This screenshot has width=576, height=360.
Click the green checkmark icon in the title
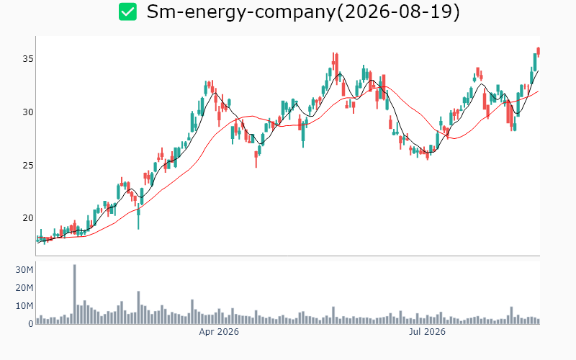coord(127,12)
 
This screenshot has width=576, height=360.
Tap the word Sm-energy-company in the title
coord(241,12)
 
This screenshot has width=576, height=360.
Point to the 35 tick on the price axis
coord(28,59)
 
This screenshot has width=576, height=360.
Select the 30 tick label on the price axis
coord(28,112)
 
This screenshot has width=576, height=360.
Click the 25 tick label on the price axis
coord(28,166)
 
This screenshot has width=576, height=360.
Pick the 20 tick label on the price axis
coord(28,218)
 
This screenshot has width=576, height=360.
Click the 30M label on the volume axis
coord(24,270)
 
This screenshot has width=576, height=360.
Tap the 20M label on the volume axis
coord(24,288)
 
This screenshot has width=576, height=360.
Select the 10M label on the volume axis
coord(24,306)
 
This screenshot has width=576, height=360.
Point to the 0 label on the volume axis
coord(31,323)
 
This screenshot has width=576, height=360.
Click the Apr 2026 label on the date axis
coord(219,332)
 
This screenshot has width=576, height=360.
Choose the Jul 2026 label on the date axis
coord(427,332)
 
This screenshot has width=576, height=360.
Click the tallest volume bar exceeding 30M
coord(75,294)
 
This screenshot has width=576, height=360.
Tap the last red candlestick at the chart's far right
coord(538,51)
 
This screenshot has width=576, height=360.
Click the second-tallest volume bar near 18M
coord(138,307)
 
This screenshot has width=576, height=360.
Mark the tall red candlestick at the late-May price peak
coord(336,67)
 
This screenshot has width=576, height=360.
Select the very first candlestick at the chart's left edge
coord(37,240)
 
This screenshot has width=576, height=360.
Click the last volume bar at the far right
coord(539,321)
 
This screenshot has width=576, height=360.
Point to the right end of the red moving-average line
coord(539,91)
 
